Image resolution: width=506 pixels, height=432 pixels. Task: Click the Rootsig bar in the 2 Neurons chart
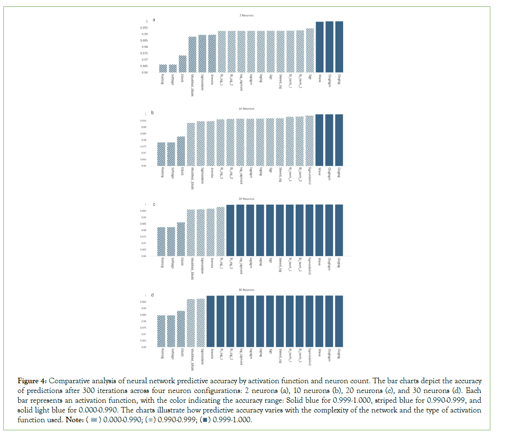click(x=162, y=68)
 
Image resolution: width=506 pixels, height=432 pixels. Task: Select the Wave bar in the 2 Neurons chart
click(x=319, y=47)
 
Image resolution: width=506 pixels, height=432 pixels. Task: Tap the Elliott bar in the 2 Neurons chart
click(x=182, y=64)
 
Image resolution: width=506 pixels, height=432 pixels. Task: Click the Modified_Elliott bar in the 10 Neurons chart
click(x=191, y=144)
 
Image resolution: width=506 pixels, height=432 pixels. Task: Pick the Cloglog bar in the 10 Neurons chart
click(x=339, y=140)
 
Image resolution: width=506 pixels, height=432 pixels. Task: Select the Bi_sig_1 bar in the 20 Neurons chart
click(x=221, y=231)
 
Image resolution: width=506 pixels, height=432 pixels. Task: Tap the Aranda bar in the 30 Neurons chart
click(x=210, y=321)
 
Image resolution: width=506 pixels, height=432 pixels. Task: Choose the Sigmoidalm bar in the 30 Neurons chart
click(x=201, y=323)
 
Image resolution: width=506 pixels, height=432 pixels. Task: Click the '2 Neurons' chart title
click(x=246, y=16)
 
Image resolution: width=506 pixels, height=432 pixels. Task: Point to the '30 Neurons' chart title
click(x=246, y=290)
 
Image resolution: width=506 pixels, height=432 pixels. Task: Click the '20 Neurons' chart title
click(x=246, y=199)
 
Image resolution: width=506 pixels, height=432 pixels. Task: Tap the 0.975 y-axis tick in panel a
click(x=144, y=53)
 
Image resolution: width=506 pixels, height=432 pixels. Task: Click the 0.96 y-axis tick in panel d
click(x=143, y=347)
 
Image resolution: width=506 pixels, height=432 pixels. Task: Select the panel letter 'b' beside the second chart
click(x=153, y=113)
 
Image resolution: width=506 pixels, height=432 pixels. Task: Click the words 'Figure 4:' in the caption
click(x=32, y=381)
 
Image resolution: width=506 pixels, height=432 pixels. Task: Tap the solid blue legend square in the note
click(x=205, y=420)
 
